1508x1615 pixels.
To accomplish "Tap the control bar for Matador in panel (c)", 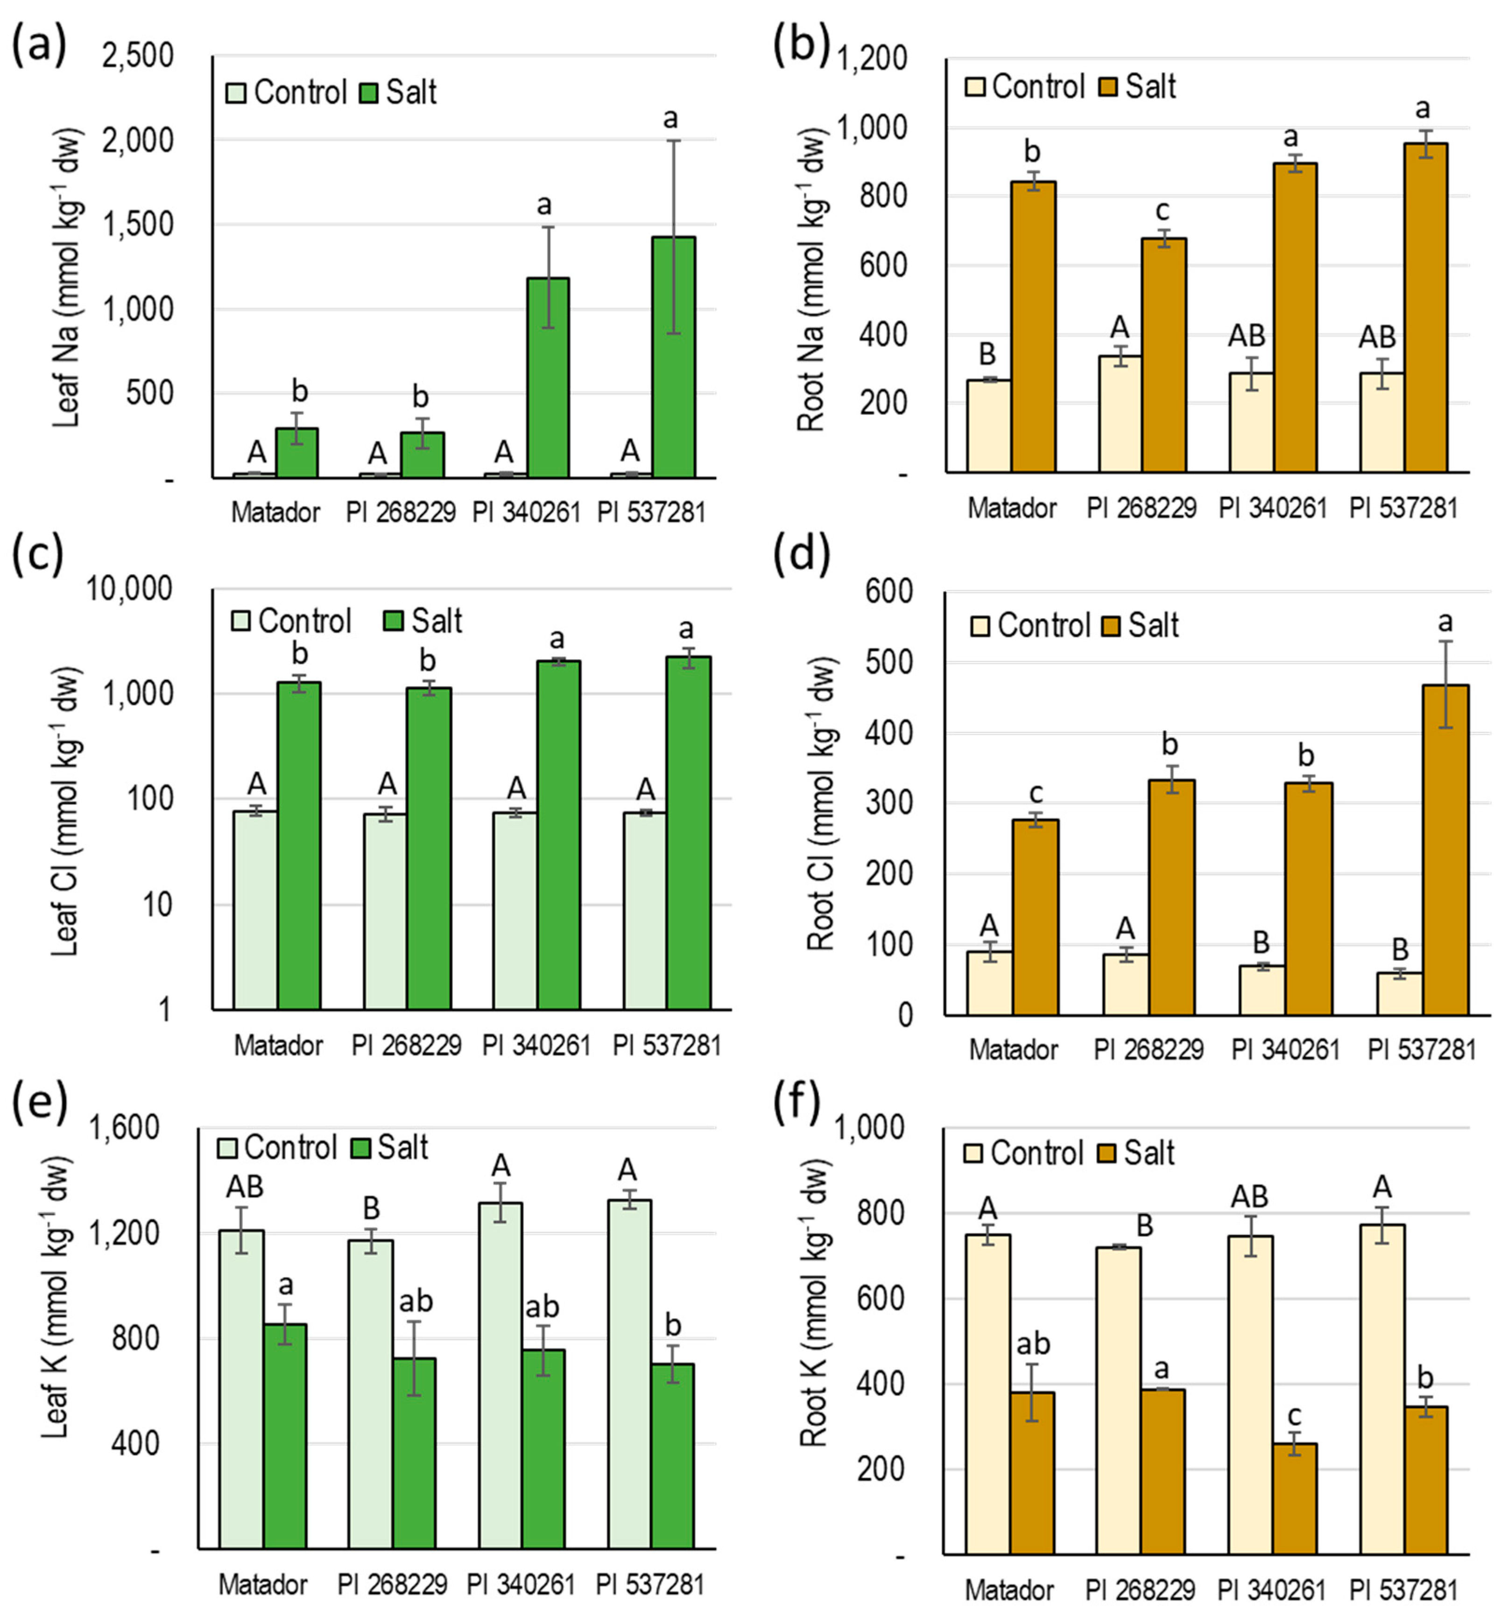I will click(x=255, y=910).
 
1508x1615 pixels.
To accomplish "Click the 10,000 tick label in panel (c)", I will click(x=129, y=589).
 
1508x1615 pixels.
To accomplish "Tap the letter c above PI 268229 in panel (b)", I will click(x=1163, y=211).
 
